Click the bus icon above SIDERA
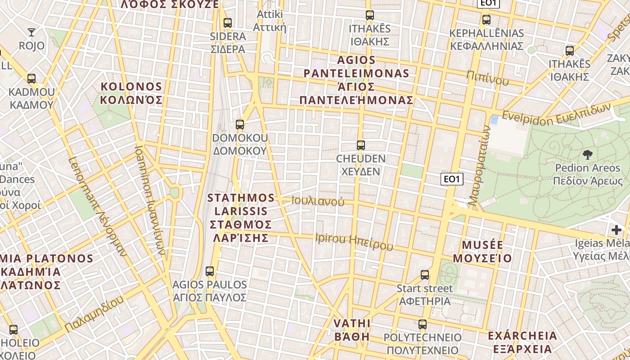pyautogui.click(x=228, y=23)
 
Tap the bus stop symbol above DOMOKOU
pyautogui.click(x=240, y=125)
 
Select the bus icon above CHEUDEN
pyautogui.click(x=360, y=145)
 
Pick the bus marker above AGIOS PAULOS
pyautogui.click(x=210, y=271)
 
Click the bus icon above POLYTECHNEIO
pyautogui.click(x=422, y=324)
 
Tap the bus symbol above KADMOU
pyautogui.click(x=31, y=79)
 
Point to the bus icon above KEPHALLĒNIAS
pyautogui.click(x=486, y=20)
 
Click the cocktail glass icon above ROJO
pyautogui.click(x=31, y=32)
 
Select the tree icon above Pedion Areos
pyautogui.click(x=587, y=155)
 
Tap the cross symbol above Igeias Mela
pyautogui.click(x=616, y=230)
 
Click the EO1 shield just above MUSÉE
pyautogui.click(x=451, y=179)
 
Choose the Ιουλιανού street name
pyautogui.click(x=318, y=201)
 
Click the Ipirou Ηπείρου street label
pyautogui.click(x=354, y=241)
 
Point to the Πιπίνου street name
pyautogui.click(x=487, y=78)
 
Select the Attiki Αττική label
pyautogui.click(x=270, y=21)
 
